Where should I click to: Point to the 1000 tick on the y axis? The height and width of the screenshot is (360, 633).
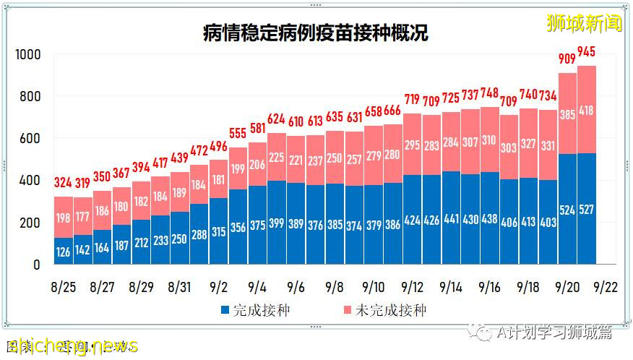coord(28,54)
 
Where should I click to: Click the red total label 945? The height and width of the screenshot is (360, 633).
coord(587,52)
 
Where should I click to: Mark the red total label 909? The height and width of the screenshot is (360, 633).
coord(567,59)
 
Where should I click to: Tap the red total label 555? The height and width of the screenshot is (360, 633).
coord(236,134)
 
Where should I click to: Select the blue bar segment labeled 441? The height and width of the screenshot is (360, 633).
coord(451,218)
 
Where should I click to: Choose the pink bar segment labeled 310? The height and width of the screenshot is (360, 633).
coord(490,140)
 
